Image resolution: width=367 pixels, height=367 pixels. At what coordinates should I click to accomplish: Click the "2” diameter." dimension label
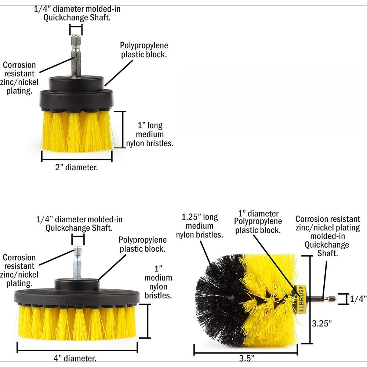click(x=77, y=167)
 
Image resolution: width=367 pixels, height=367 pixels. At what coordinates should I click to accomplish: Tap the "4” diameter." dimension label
click(x=75, y=358)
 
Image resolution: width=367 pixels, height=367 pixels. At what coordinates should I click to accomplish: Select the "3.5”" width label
click(x=247, y=358)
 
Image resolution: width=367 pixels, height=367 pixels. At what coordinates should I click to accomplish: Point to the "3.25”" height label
click(x=322, y=323)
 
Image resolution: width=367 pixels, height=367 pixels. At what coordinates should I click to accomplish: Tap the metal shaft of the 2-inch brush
click(x=76, y=56)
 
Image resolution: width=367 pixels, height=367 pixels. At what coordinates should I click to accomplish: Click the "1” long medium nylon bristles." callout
click(x=150, y=134)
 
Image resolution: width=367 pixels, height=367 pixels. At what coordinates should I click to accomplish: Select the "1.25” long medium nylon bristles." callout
click(x=199, y=226)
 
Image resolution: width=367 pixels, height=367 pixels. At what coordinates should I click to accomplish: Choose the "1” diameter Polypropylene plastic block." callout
click(x=258, y=222)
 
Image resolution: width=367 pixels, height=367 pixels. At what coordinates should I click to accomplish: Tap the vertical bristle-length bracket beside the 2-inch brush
click(x=123, y=130)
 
